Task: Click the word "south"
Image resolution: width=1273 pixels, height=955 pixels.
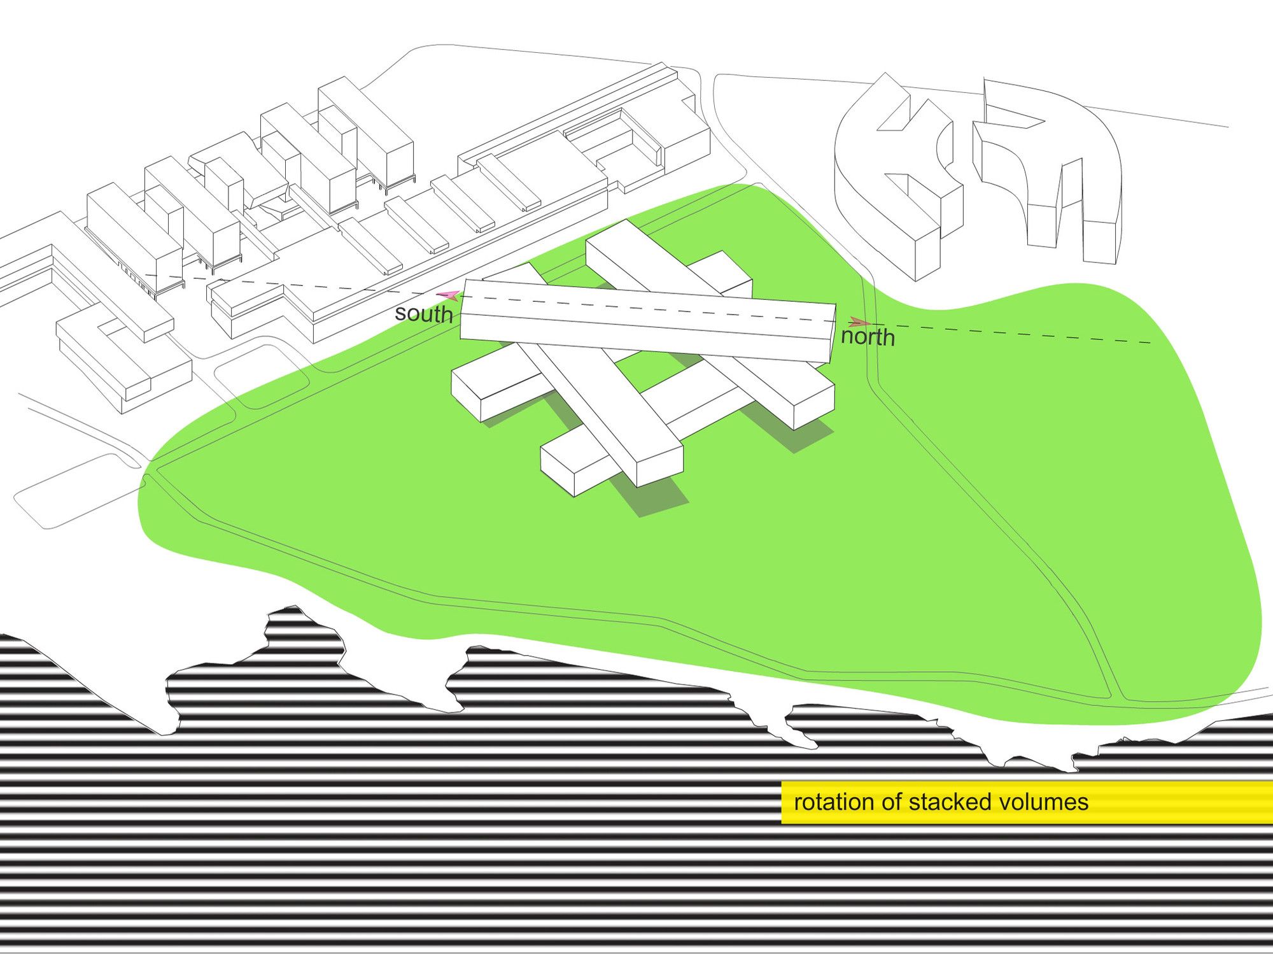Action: (423, 313)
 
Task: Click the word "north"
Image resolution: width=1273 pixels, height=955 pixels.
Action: (868, 336)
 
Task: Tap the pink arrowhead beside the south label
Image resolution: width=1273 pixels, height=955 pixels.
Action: (448, 295)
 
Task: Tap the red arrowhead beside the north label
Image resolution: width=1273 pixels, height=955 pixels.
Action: (859, 322)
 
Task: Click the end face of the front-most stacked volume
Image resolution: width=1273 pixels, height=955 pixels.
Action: (659, 465)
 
